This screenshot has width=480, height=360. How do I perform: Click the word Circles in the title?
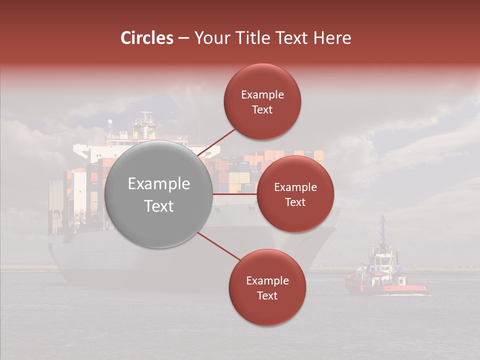click(147, 38)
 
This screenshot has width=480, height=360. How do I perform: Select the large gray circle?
click(159, 194)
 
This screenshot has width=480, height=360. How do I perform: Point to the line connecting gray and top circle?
click(217, 141)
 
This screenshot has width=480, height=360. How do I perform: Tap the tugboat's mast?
click(382, 230)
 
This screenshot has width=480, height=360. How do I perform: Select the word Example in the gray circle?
click(159, 184)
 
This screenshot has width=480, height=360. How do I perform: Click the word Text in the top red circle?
click(262, 110)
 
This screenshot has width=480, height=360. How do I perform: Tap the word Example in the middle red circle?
click(295, 187)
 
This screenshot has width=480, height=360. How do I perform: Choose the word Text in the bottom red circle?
click(267, 295)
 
